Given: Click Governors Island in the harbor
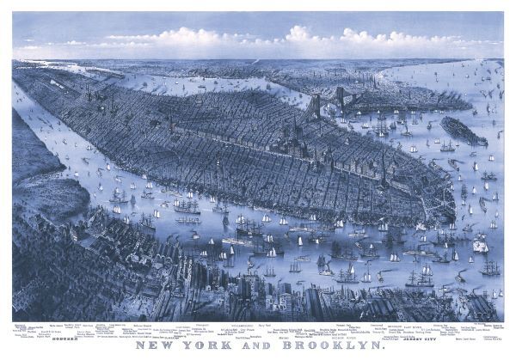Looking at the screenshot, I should pos(463,130).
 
